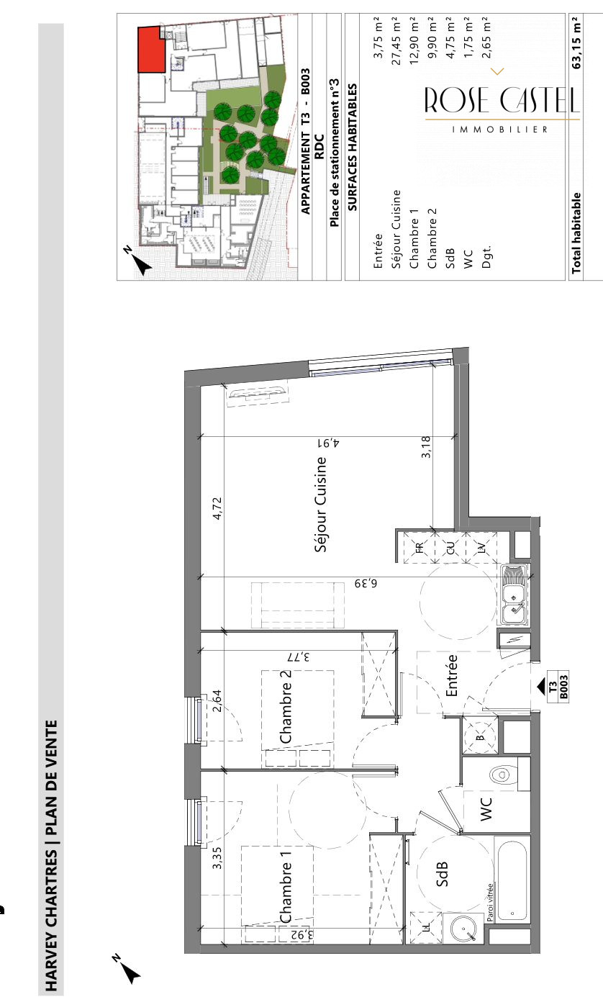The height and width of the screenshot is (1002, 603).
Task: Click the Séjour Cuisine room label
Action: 321,504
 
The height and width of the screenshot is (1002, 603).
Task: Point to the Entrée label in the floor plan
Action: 451,675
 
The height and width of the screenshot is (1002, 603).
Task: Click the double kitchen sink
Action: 514,595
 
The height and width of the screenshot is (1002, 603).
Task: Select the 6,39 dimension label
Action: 366,583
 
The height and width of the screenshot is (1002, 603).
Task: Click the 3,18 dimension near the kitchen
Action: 426,446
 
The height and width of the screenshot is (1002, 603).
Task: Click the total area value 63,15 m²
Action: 576,42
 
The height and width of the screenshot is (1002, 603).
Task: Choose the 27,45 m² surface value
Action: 396,41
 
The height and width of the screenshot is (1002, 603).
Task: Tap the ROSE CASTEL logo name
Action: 502,99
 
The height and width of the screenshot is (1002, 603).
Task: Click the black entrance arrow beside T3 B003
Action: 542,685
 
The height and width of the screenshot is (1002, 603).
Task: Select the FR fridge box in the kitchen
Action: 420,546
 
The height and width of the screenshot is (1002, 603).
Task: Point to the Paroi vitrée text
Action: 490,902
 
